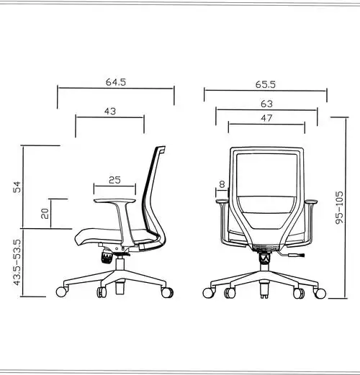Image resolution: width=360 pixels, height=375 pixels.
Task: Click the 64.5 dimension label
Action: [116, 82]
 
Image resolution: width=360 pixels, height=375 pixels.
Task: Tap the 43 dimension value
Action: [110, 111]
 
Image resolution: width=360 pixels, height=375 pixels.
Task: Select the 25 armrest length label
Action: [114, 180]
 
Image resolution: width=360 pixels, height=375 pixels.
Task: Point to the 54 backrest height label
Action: [17, 187]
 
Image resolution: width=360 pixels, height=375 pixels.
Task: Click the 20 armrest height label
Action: [45, 213]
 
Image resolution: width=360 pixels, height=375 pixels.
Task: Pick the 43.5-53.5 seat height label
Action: [17, 262]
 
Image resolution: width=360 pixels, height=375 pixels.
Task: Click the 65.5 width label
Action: [266, 84]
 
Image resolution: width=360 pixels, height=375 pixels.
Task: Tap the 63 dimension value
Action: [266, 104]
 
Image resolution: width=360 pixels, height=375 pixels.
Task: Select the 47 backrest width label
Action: [266, 118]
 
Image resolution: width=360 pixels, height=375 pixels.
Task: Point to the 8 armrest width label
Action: [222, 184]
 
